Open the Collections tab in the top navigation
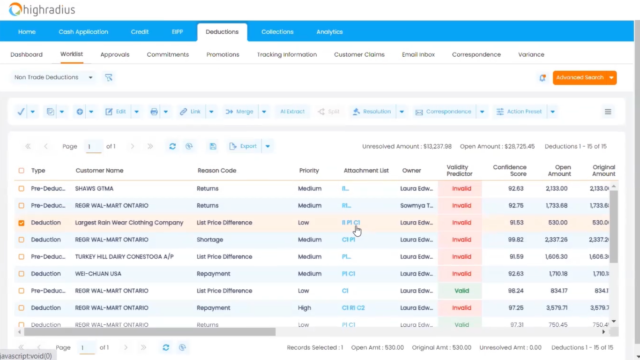point(277,32)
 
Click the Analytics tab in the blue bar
point(329,32)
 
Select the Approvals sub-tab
point(115,54)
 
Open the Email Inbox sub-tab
point(418,54)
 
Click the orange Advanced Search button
point(580,77)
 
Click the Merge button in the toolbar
point(240,112)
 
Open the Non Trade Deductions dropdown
point(53,77)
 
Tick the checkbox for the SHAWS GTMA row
point(21,188)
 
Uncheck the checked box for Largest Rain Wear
point(21,223)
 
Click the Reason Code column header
point(216,171)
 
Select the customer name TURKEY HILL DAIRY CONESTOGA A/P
point(124,257)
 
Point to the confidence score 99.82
point(516,240)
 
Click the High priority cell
point(304,308)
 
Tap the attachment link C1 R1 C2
point(353,308)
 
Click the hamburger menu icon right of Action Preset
point(608,112)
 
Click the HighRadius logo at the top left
point(42,9)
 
